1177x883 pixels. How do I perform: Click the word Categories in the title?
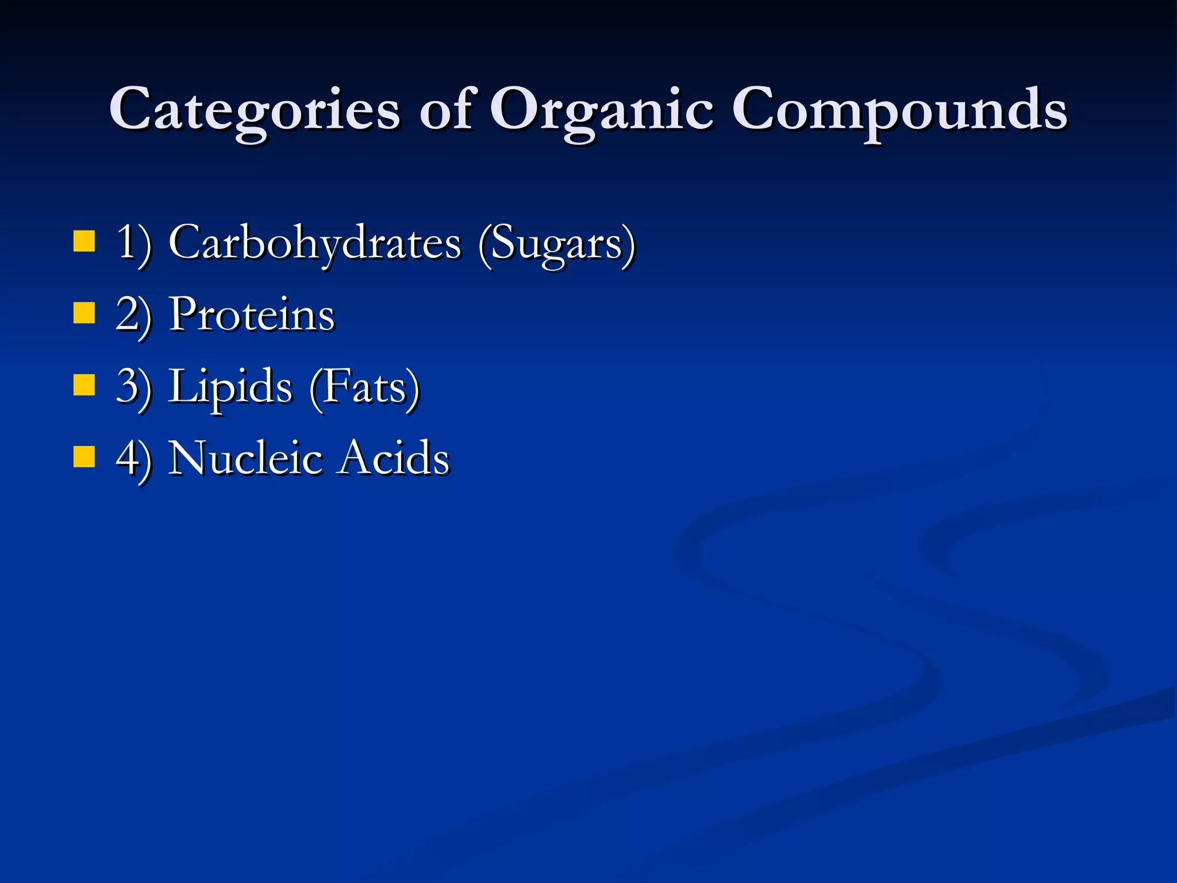coord(255,109)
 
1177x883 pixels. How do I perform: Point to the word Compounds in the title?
coord(899,109)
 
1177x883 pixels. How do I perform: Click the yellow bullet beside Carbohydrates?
coord(84,241)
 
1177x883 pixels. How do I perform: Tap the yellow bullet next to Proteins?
coord(84,314)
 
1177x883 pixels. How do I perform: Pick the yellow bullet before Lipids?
coord(84,386)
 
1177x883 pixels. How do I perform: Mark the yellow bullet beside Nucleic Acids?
coord(84,458)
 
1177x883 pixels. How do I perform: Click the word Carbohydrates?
coord(315,243)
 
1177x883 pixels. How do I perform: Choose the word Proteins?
coord(252,314)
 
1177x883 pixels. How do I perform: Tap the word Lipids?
coord(230,387)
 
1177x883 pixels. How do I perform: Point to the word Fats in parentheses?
coord(364,387)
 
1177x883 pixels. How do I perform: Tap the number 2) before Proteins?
coord(133,316)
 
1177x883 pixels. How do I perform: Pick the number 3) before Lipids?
coord(133,387)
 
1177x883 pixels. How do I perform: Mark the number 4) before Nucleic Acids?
coord(133,459)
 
